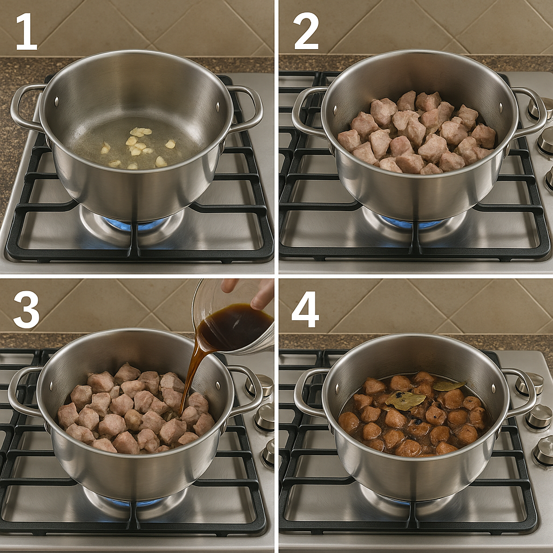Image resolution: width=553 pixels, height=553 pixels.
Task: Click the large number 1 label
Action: [27, 31]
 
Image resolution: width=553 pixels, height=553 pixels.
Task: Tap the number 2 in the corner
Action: [306, 31]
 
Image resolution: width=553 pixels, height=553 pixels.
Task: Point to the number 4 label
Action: [305, 310]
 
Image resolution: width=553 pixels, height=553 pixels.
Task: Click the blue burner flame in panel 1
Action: [136, 224]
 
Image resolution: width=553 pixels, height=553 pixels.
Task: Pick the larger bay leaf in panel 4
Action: [405, 400]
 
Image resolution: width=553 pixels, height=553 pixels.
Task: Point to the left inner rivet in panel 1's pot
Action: [56, 102]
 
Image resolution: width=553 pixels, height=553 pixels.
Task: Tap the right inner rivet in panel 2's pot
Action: [501, 106]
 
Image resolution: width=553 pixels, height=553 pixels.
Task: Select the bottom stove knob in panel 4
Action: [543, 451]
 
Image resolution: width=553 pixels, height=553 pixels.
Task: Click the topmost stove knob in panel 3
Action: [261, 385]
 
